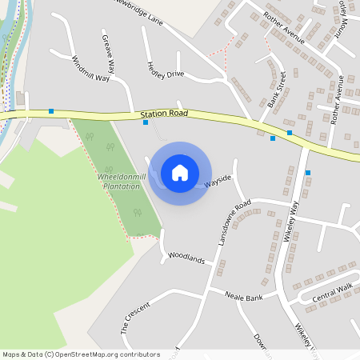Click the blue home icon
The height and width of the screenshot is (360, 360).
coord(180,172)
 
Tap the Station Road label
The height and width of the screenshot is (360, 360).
coord(164,115)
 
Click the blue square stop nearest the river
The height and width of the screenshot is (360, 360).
coord(51,111)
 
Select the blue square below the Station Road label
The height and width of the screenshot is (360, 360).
coord(145,122)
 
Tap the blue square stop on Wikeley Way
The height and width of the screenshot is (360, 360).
coord(307,172)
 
